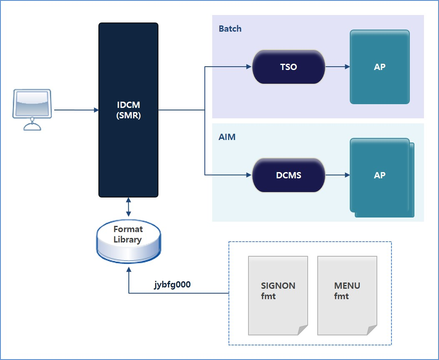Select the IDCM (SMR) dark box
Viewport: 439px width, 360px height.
click(x=128, y=110)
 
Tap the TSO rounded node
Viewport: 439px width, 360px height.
click(x=288, y=67)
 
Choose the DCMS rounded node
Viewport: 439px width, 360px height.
click(x=288, y=175)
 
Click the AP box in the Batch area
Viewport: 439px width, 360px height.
click(x=380, y=67)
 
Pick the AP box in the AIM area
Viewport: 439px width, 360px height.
click(x=380, y=175)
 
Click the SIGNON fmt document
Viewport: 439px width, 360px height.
click(x=278, y=295)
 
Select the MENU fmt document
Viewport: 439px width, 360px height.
click(x=347, y=295)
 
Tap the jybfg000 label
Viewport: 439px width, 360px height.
click(x=173, y=285)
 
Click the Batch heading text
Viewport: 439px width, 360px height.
click(x=230, y=29)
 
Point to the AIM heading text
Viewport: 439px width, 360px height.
click(x=227, y=137)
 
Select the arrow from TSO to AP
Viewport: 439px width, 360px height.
click(x=337, y=67)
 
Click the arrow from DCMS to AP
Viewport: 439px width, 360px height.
click(x=337, y=175)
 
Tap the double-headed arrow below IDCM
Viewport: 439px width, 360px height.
click(x=128, y=207)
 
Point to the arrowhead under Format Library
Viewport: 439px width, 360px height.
click(x=128, y=270)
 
